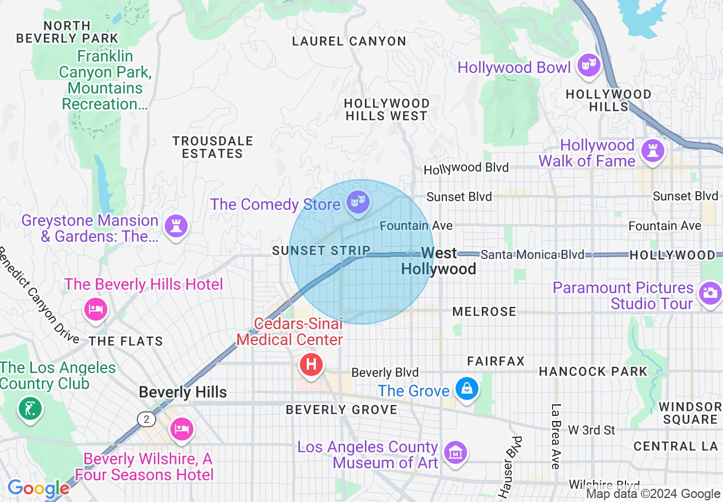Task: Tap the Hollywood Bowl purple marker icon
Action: click(x=587, y=66)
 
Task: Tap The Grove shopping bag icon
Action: click(x=466, y=390)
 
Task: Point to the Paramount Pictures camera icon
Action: click(x=710, y=293)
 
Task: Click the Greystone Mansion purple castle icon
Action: click(x=176, y=226)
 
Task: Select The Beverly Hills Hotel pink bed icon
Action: click(x=95, y=309)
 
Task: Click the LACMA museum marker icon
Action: click(x=455, y=454)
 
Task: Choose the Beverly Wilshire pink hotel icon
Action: click(x=181, y=429)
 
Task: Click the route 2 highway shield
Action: click(x=147, y=419)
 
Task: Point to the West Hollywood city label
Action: click(x=438, y=261)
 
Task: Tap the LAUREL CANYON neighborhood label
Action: click(x=349, y=42)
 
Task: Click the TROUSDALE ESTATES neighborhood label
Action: click(x=213, y=147)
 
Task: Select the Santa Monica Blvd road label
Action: click(x=532, y=254)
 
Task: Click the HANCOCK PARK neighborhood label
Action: click(x=593, y=371)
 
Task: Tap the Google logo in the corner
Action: click(x=38, y=488)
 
